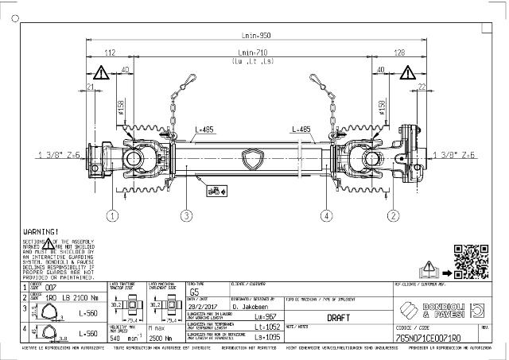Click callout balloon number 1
coord(114,215)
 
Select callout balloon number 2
coord(392,215)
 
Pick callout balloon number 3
coord(185,215)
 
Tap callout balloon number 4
coord(324,215)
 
